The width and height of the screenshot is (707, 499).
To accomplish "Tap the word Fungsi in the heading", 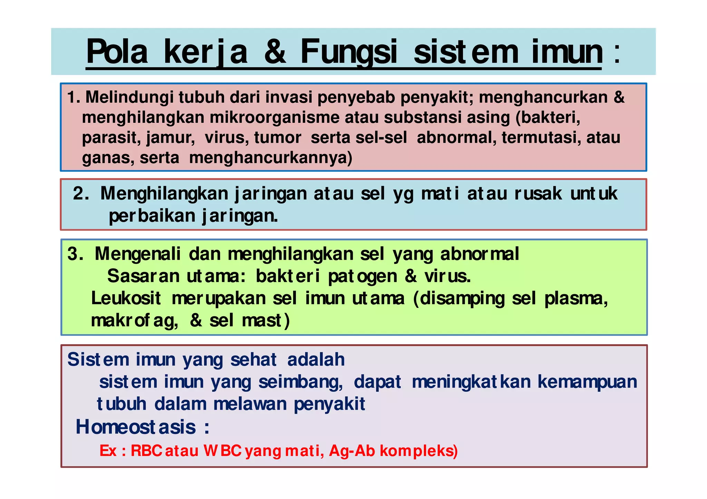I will [349, 52].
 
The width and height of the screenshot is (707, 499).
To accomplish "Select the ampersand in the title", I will [275, 52].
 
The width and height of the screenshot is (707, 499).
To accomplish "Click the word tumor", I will [278, 138].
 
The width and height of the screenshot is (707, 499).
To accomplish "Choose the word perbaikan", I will [152, 216].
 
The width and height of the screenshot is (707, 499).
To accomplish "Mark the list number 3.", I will [75, 254].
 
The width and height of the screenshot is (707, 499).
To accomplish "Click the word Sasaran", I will [143, 276].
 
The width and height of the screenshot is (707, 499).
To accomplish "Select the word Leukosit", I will [126, 298].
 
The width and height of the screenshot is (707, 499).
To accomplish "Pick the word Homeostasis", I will [136, 427].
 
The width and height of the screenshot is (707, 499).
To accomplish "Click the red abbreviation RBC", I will [146, 451].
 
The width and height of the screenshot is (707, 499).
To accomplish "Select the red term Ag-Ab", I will [352, 451].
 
